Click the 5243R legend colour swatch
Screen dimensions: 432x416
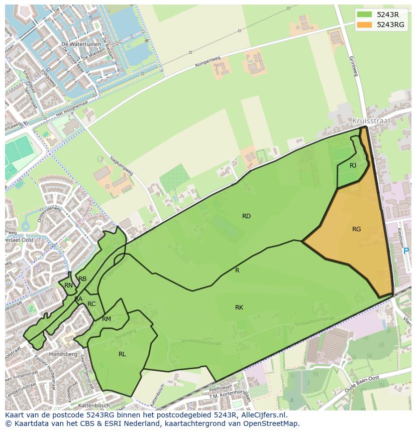[x=364, y=15]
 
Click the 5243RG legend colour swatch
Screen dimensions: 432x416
[x=364, y=25]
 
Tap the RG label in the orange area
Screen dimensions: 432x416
[x=356, y=229]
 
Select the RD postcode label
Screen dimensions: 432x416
[x=246, y=216]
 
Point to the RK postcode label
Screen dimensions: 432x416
[x=239, y=308]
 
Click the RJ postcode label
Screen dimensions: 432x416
[x=353, y=166]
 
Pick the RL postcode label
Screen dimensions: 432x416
[x=122, y=354]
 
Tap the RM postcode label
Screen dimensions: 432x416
[x=107, y=319]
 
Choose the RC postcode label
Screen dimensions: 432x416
[x=91, y=304]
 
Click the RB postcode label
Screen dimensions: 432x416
[x=82, y=279]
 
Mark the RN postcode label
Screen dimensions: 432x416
[x=68, y=285]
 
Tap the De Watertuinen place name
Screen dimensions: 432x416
[x=78, y=44]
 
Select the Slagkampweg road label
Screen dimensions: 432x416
[x=122, y=164]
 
